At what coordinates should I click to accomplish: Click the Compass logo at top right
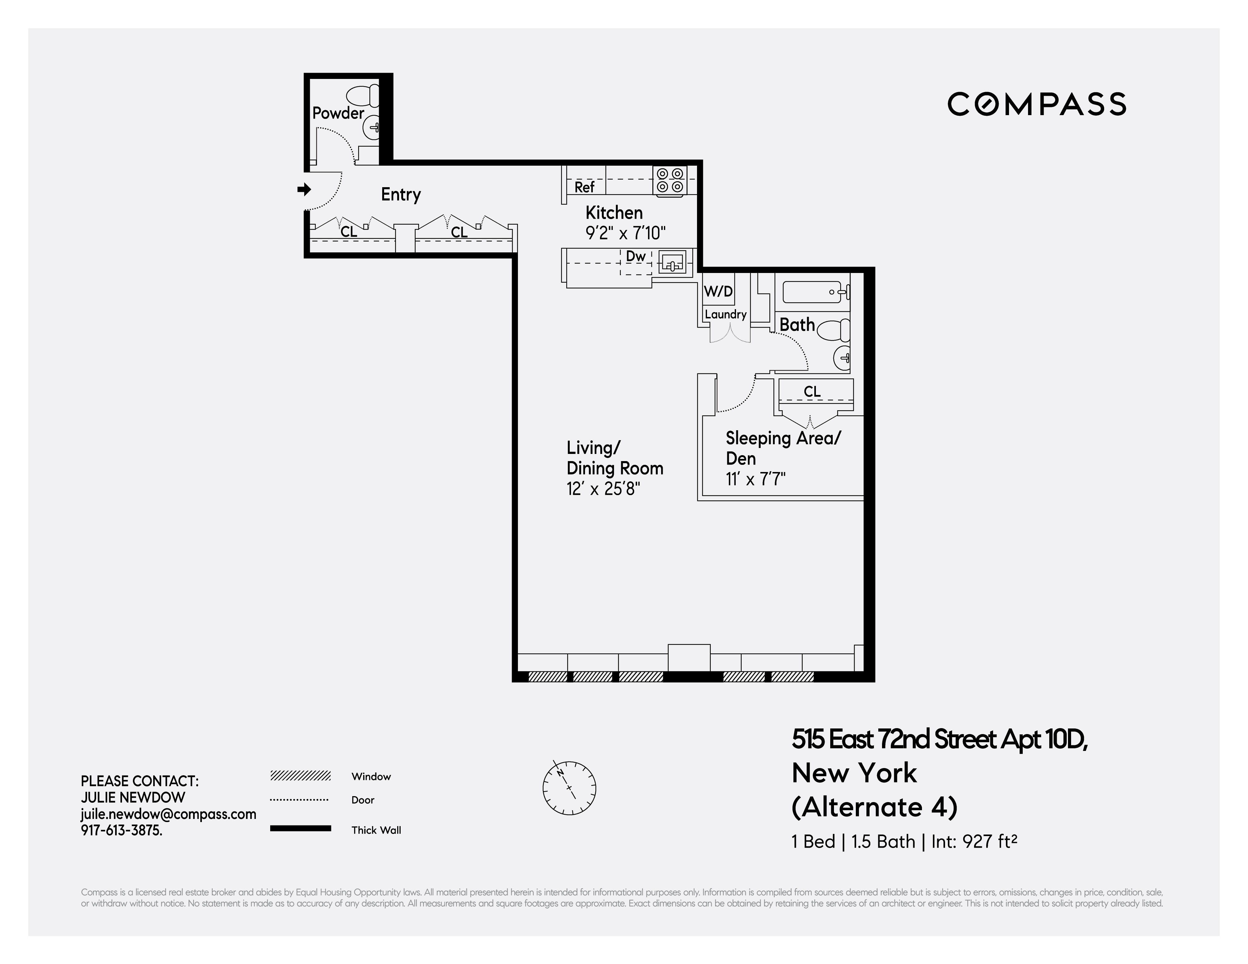point(1036,104)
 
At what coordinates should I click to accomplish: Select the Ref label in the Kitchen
point(584,187)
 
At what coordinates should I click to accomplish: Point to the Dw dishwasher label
point(636,256)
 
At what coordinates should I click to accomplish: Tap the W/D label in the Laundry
point(718,291)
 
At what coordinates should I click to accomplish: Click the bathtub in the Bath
point(812,293)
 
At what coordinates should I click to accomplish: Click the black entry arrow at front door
point(304,189)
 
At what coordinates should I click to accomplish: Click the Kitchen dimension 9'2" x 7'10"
point(626,233)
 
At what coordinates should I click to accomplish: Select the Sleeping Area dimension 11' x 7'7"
point(755,479)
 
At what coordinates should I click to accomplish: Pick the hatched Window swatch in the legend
point(300,776)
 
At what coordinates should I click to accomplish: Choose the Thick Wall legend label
point(376,830)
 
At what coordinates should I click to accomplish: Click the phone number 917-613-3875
point(121,830)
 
